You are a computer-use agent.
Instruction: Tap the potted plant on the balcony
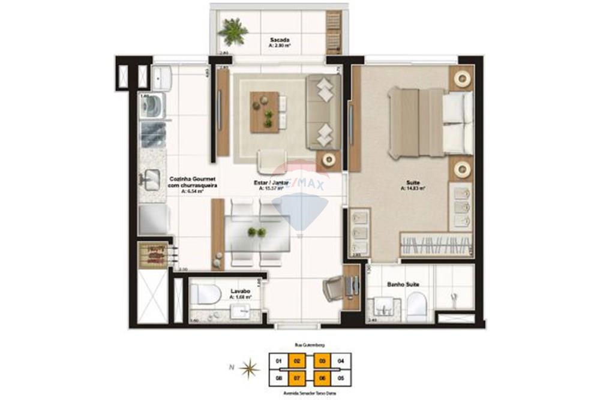[233, 31]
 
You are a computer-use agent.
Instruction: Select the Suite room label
[413, 184]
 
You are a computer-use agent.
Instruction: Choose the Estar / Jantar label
[272, 183]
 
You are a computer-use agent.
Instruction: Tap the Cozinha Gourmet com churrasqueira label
[193, 182]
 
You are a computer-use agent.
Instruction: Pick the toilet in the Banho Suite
[416, 306]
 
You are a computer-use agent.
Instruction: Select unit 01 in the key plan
[278, 362]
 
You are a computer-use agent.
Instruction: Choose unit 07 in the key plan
[298, 378]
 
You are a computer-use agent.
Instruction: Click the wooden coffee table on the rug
[265, 112]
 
